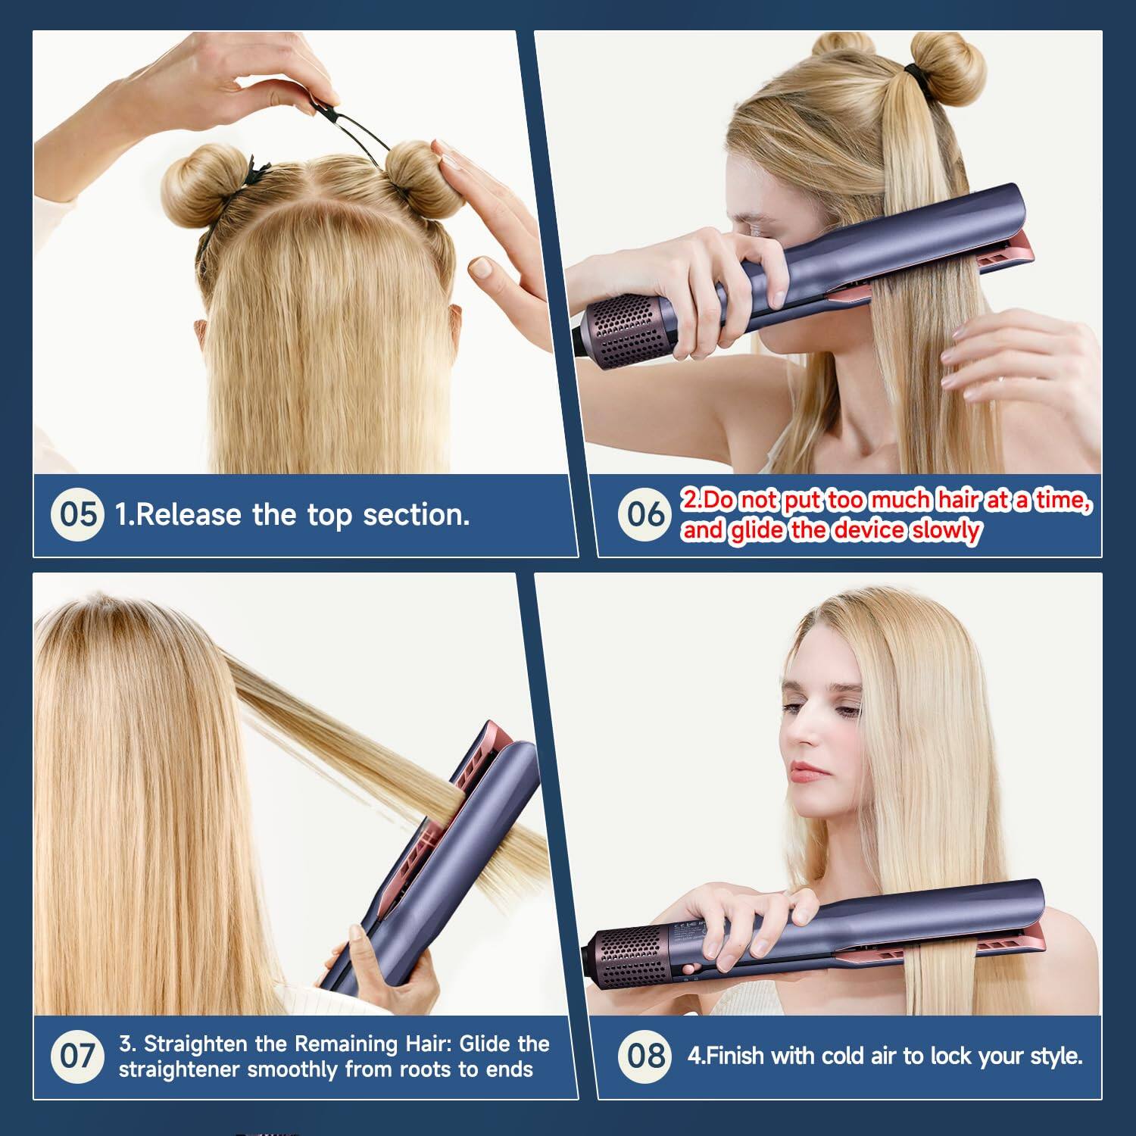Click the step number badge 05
(x=78, y=514)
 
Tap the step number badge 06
(x=645, y=514)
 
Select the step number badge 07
(x=78, y=1056)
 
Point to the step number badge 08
(x=645, y=1056)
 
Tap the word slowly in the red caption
(x=946, y=530)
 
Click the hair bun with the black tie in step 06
(x=947, y=68)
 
